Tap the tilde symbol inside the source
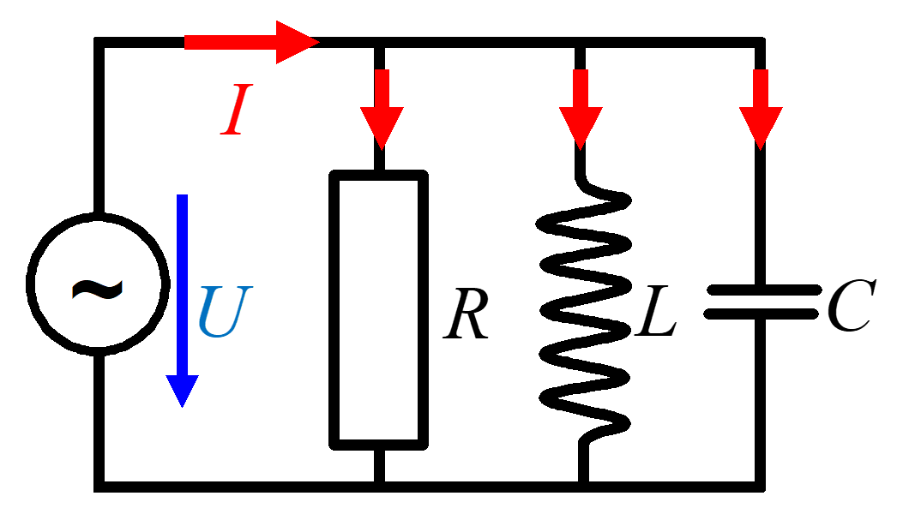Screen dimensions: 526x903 click(96, 289)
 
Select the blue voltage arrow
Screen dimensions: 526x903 click(182, 300)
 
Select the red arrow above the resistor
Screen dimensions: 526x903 click(382, 108)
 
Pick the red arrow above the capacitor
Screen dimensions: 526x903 click(761, 108)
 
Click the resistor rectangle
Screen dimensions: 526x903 click(379, 308)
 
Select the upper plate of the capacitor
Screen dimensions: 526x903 click(761, 290)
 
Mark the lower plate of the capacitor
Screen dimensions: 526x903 click(761, 314)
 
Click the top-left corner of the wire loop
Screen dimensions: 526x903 click(99, 42)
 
